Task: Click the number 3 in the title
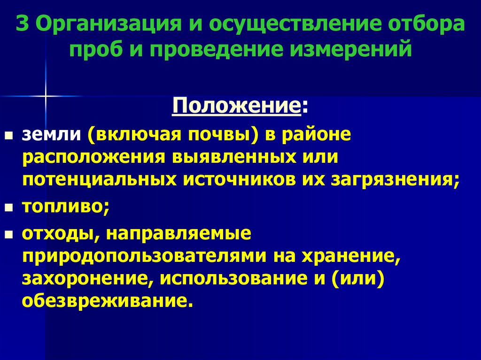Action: tap(22, 24)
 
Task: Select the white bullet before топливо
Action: tap(8, 208)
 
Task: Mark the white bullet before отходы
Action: tap(8, 234)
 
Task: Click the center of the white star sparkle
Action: tap(46, 96)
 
